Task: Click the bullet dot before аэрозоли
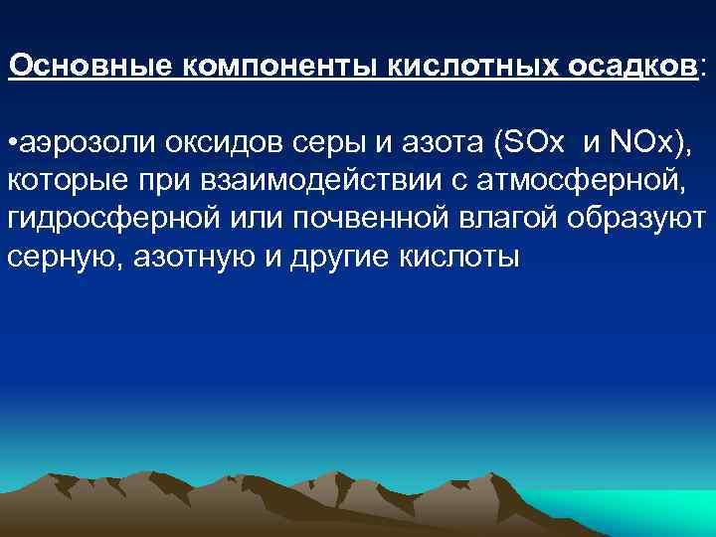click(x=11, y=145)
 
